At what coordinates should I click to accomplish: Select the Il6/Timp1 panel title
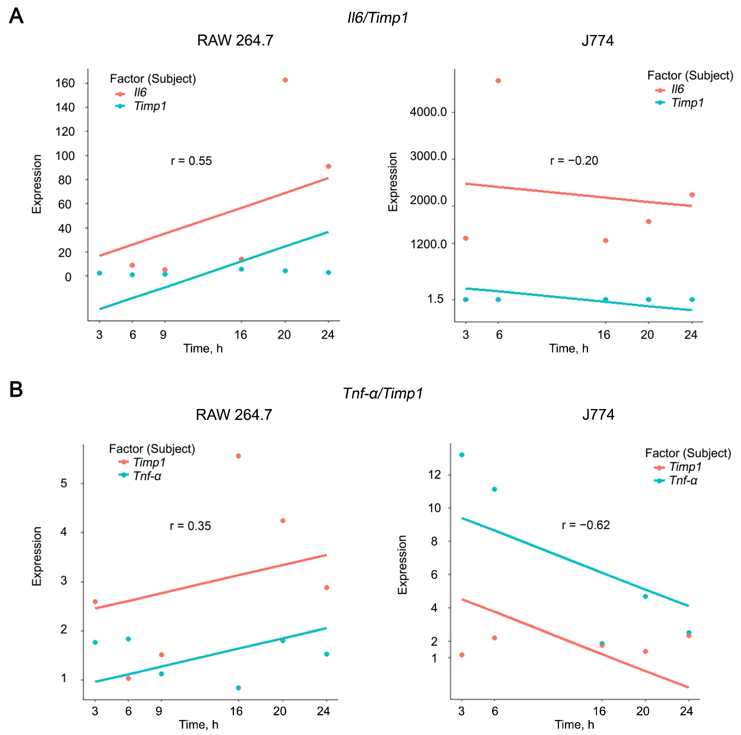(x=378, y=18)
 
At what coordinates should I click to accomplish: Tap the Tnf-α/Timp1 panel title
(x=383, y=393)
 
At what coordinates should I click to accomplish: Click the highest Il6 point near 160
(x=285, y=80)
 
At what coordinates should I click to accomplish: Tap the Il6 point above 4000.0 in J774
(x=498, y=81)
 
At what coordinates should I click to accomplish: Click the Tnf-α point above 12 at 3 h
(x=462, y=455)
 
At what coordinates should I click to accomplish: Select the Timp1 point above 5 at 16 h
(x=238, y=456)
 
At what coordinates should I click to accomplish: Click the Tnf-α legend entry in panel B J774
(x=676, y=480)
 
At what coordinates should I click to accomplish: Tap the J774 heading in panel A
(x=597, y=40)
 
